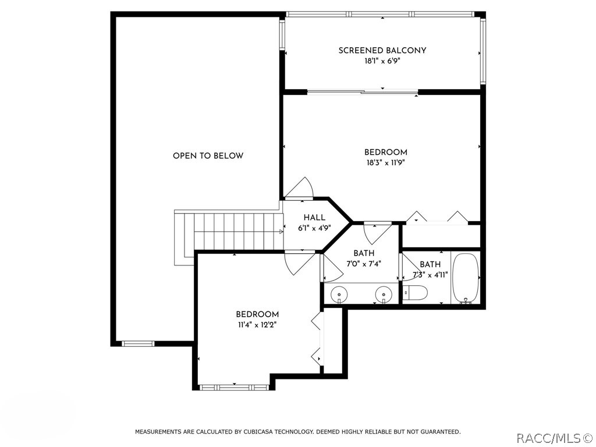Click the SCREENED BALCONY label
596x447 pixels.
click(382, 50)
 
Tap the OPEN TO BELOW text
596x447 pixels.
click(208, 155)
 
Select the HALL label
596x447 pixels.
click(314, 218)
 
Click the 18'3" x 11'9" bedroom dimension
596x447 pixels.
click(386, 163)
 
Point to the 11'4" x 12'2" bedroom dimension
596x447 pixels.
click(257, 325)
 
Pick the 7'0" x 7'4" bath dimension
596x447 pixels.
click(364, 264)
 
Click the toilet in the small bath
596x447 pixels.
click(415, 292)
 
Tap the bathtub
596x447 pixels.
click(466, 277)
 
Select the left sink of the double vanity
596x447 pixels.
click(338, 294)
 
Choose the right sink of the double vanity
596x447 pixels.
click(383, 294)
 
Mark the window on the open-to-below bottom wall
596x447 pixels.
click(139, 343)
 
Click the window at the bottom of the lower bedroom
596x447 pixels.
click(234, 388)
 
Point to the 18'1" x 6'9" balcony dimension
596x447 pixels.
click(382, 61)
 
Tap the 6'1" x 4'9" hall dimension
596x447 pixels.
click(314, 228)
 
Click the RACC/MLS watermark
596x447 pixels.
click(554, 438)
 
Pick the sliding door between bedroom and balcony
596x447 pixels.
click(363, 91)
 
